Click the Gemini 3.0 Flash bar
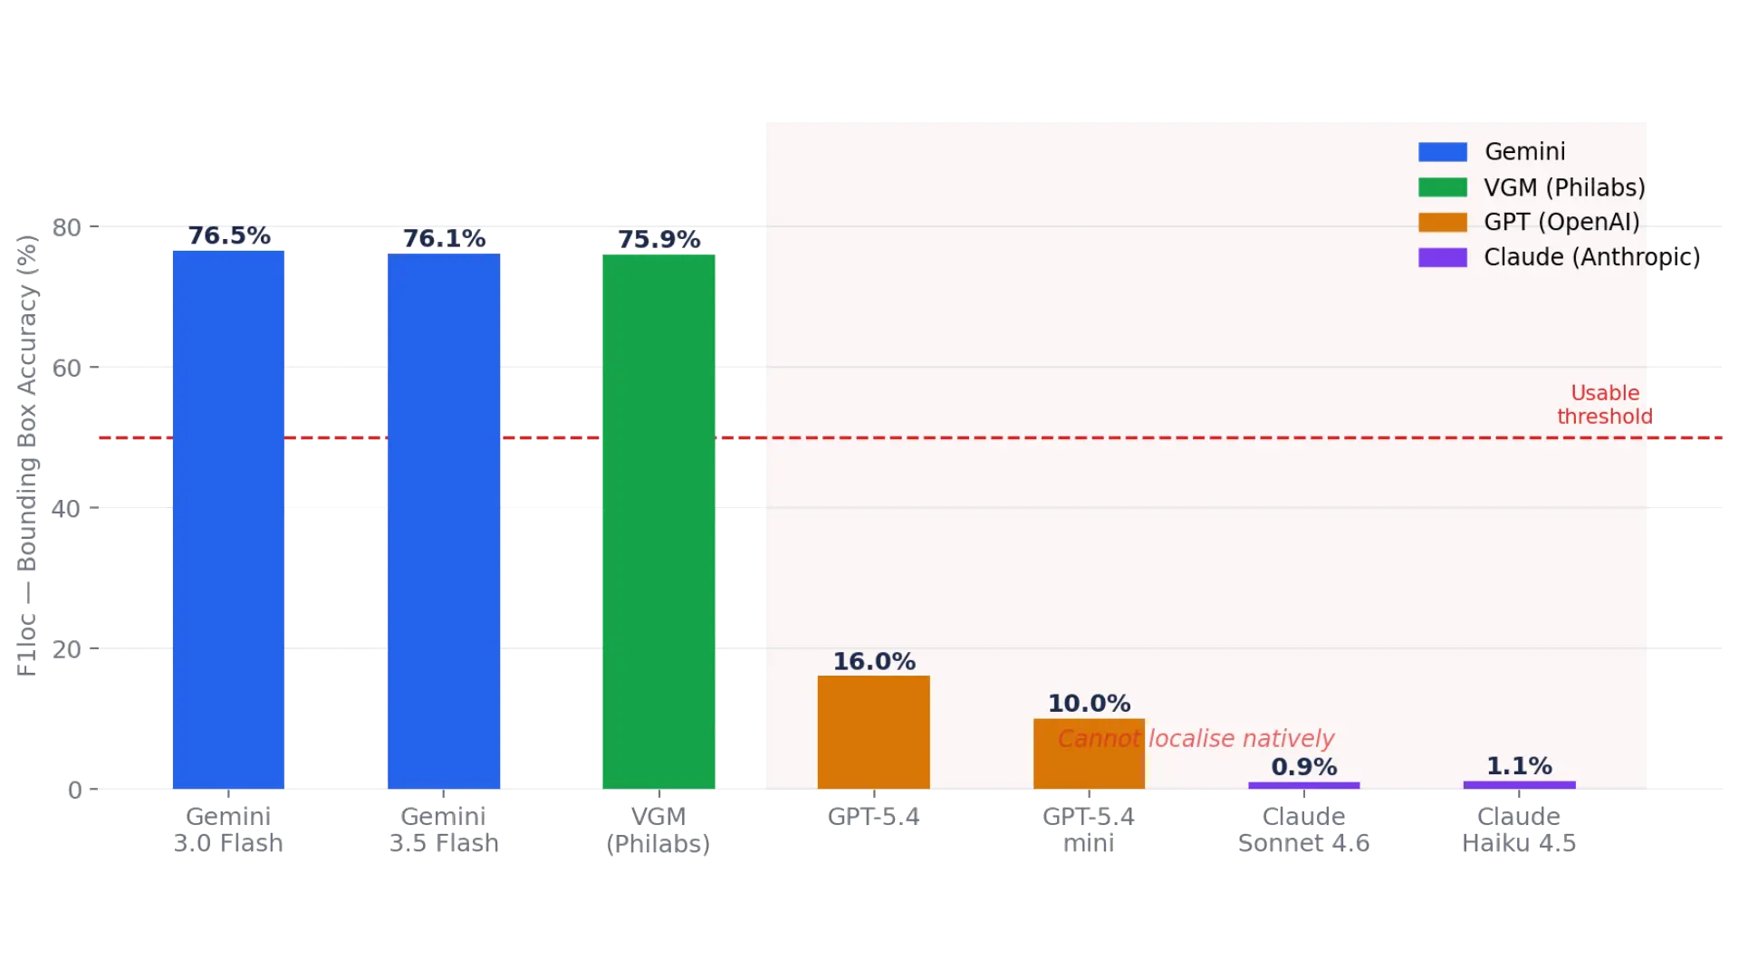tap(228, 520)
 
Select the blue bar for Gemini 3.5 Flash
tap(444, 522)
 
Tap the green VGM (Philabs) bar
tap(658, 522)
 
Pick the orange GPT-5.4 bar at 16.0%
tap(874, 733)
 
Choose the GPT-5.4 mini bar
tap(1089, 754)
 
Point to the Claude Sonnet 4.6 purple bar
tap(1304, 786)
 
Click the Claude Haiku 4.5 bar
tap(1520, 785)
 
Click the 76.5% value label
tap(229, 235)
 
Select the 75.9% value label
tap(659, 239)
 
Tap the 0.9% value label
tap(1304, 767)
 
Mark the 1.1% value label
tap(1520, 766)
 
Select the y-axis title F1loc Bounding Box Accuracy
tap(27, 455)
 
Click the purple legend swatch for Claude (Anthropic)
tap(1443, 257)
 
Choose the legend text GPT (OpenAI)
tap(1561, 222)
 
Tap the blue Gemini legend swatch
tap(1443, 152)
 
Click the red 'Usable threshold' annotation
tap(1605, 405)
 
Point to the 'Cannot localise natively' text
tap(1196, 739)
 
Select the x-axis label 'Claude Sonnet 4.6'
tap(1304, 829)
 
